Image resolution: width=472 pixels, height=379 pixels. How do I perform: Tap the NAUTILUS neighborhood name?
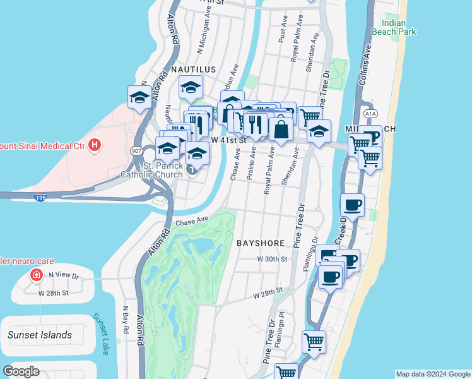click(x=192, y=69)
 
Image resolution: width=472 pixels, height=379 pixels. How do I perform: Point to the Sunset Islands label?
click(x=40, y=335)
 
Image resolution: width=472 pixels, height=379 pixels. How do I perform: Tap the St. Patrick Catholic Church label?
click(x=163, y=171)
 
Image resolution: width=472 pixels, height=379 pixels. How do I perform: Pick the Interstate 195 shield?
click(x=39, y=198)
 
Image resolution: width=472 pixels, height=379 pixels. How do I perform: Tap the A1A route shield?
click(x=370, y=114)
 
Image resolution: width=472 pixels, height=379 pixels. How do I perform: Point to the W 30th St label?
click(x=272, y=259)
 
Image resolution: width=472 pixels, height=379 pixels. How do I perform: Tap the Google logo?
click(x=21, y=371)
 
